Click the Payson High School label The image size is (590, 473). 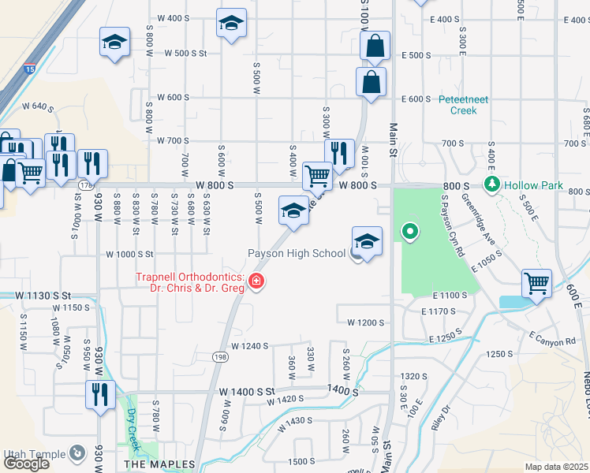[297, 254]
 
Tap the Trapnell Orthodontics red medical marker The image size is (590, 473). [255, 281]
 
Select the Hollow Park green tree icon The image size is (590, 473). [493, 184]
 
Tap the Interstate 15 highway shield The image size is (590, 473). [30, 69]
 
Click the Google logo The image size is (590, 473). [26, 464]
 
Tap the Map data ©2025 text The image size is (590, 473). [557, 467]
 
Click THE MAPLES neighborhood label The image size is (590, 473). [155, 465]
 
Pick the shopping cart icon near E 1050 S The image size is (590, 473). [537, 281]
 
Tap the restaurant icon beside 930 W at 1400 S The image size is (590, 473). [101, 393]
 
